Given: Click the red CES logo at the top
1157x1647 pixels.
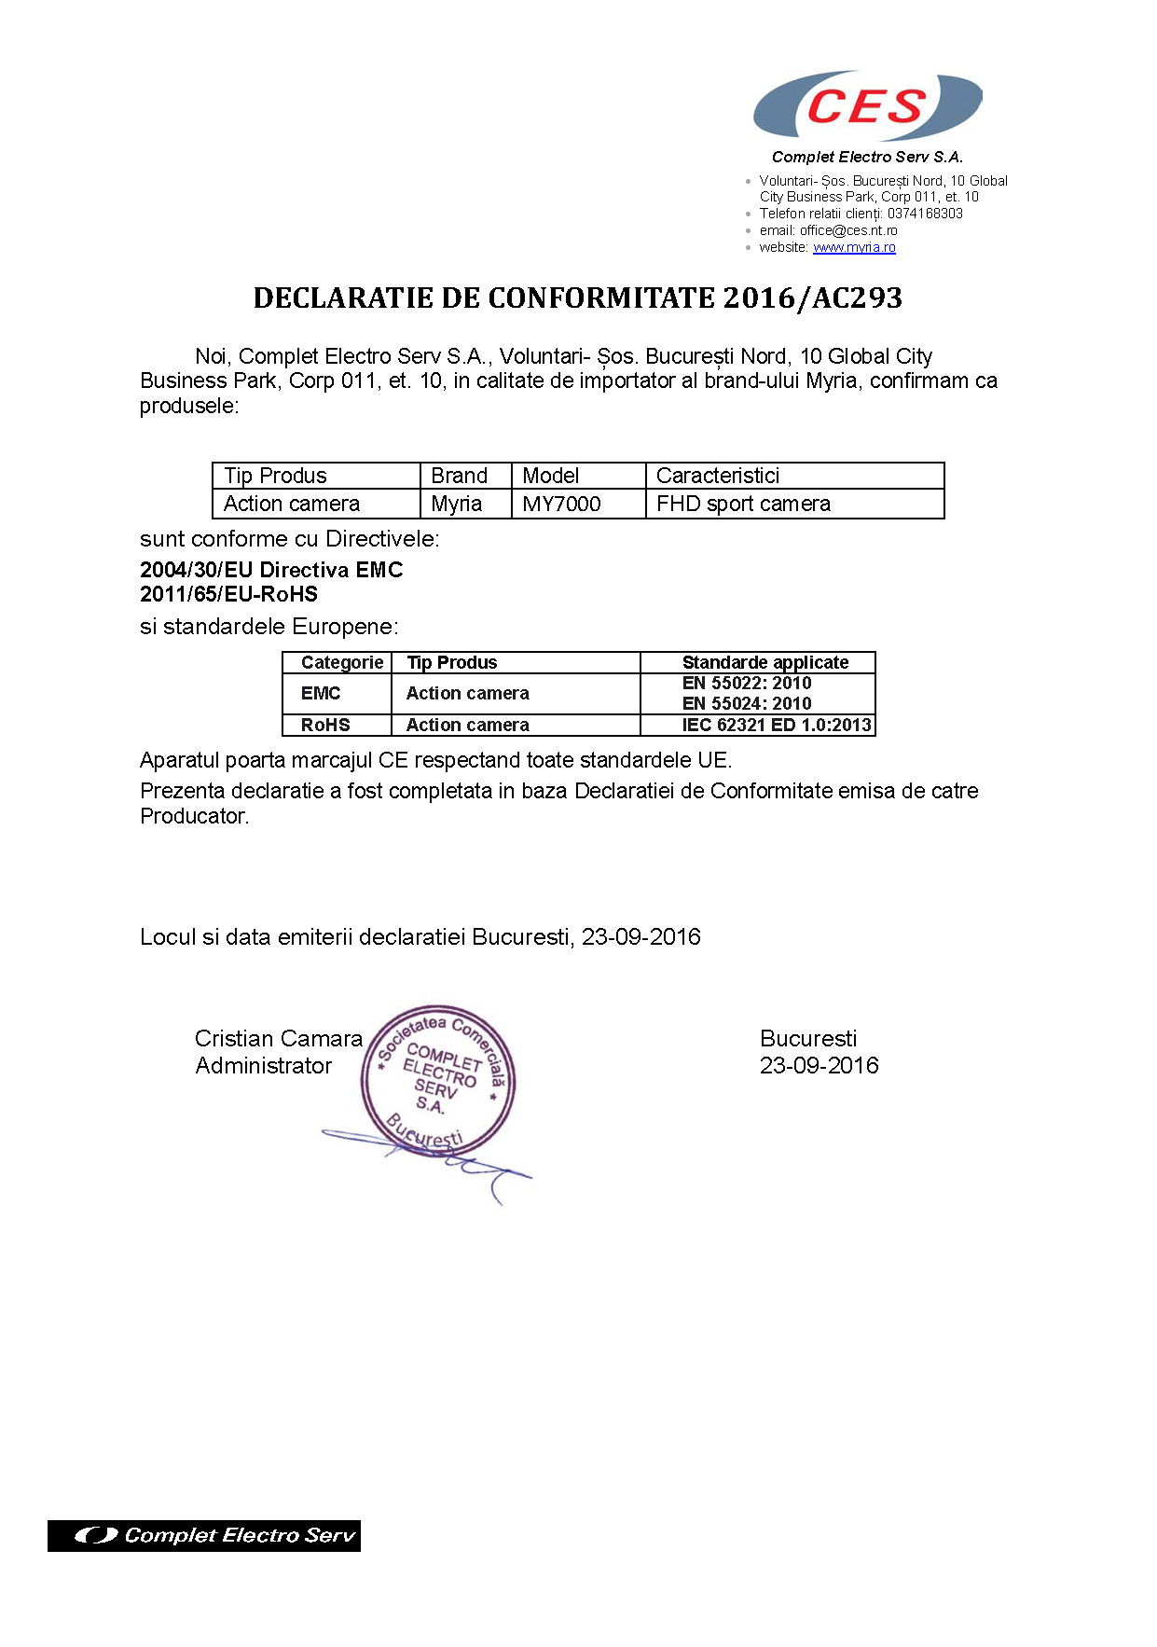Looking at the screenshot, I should tap(866, 106).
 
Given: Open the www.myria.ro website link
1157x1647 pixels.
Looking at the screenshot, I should tap(854, 247).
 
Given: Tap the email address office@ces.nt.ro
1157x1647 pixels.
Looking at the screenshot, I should tap(848, 230).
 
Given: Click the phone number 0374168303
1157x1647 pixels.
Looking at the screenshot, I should tap(925, 214).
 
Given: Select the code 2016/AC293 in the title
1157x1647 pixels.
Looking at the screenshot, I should tap(813, 298).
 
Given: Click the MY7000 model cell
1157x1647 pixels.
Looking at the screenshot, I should tap(561, 505).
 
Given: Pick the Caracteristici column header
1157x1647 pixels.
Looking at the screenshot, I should tap(718, 476).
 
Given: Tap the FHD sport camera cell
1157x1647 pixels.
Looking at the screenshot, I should tap(743, 505).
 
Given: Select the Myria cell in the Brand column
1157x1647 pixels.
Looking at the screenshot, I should tap(457, 505).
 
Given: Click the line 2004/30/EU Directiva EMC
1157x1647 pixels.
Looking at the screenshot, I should tap(271, 570).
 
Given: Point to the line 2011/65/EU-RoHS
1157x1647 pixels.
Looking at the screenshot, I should tap(228, 594).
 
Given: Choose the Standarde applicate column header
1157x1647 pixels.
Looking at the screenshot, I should tap(765, 662).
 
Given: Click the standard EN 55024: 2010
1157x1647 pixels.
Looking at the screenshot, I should tap(747, 703).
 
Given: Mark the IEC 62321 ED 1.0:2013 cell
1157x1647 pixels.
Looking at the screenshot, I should tap(777, 725).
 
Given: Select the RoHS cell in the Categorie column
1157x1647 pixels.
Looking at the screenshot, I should tap(325, 725).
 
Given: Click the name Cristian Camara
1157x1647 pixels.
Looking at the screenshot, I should tap(278, 1038).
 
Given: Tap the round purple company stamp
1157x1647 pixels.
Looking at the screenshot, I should tap(438, 1080).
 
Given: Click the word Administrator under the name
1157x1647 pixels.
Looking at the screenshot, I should tap(263, 1066).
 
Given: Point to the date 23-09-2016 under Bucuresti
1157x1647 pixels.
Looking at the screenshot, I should tap(819, 1066).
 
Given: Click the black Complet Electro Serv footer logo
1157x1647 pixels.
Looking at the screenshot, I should tap(204, 1535).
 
